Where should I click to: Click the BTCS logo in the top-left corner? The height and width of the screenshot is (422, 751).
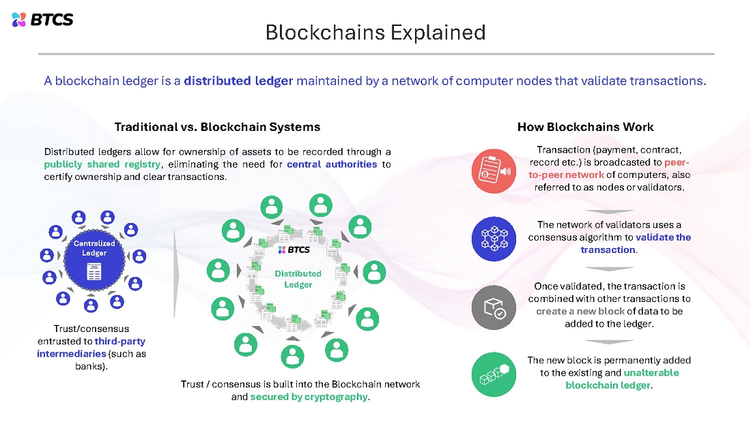(42, 19)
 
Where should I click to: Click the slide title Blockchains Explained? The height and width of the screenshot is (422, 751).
(375, 32)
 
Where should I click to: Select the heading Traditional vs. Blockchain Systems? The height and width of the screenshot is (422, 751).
(217, 127)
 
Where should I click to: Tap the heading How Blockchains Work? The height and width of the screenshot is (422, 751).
(585, 127)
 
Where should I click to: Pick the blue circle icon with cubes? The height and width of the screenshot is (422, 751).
(494, 238)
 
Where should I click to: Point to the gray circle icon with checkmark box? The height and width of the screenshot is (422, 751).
(494, 307)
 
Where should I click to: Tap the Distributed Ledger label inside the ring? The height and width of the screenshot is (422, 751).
(298, 279)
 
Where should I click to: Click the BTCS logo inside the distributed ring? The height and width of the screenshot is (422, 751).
(294, 250)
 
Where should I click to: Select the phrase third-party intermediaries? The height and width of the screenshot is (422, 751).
(91, 347)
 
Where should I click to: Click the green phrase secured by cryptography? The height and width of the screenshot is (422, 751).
(309, 397)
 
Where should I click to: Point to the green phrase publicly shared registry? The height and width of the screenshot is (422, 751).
(102, 164)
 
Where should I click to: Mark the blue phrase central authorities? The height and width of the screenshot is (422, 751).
(332, 164)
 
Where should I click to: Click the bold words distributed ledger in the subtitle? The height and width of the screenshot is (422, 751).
(238, 81)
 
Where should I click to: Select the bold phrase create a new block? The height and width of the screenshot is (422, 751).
(580, 312)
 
